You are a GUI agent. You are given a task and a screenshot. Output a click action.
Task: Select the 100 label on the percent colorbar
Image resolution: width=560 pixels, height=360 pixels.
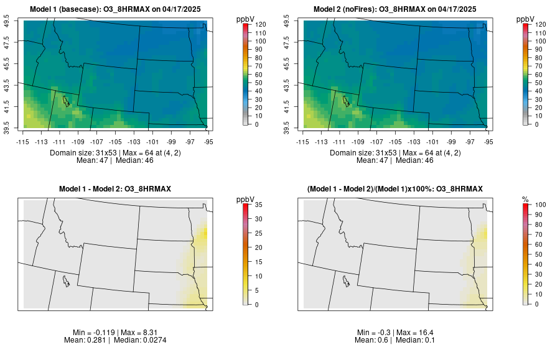click(x=540, y=204)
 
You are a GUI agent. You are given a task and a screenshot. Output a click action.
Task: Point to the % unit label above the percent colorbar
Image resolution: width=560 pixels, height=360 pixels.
click(x=525, y=199)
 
